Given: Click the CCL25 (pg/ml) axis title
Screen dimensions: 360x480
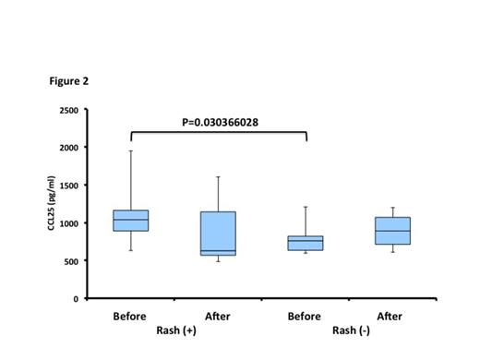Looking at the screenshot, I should (x=54, y=205).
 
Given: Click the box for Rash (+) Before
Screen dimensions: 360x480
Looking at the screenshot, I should (x=130, y=221).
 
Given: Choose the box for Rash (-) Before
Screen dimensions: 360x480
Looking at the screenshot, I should (x=305, y=243).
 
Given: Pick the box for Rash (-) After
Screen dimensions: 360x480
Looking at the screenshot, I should (x=391, y=231).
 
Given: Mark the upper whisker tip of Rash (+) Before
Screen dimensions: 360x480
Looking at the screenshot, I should (x=130, y=151).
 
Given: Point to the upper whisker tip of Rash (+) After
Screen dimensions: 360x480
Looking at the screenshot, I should (x=218, y=177).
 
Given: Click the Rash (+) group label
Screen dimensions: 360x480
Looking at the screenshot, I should (x=173, y=330).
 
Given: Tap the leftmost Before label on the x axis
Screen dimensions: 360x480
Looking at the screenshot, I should (x=130, y=316).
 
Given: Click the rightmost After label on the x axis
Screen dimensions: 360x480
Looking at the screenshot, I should (x=390, y=316).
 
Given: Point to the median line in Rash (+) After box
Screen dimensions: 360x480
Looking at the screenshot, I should (x=218, y=250).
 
